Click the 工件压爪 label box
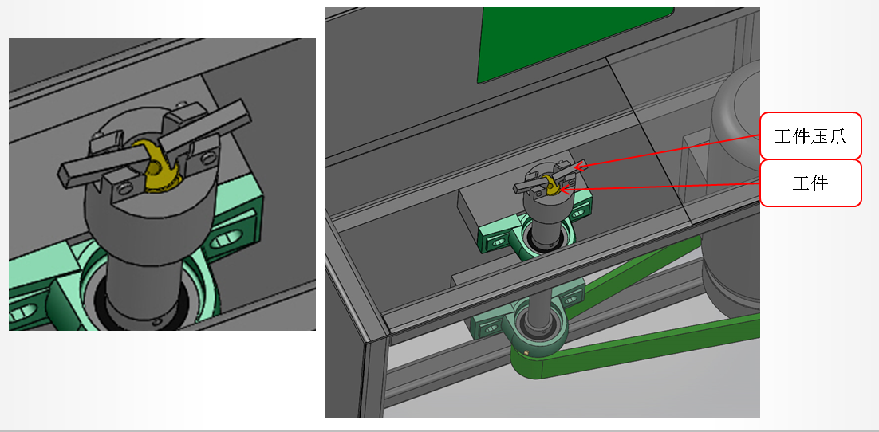point(810,136)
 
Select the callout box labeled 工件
point(810,183)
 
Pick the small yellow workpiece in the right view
point(550,187)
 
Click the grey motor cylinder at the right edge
point(735,185)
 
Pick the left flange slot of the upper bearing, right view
point(495,242)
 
